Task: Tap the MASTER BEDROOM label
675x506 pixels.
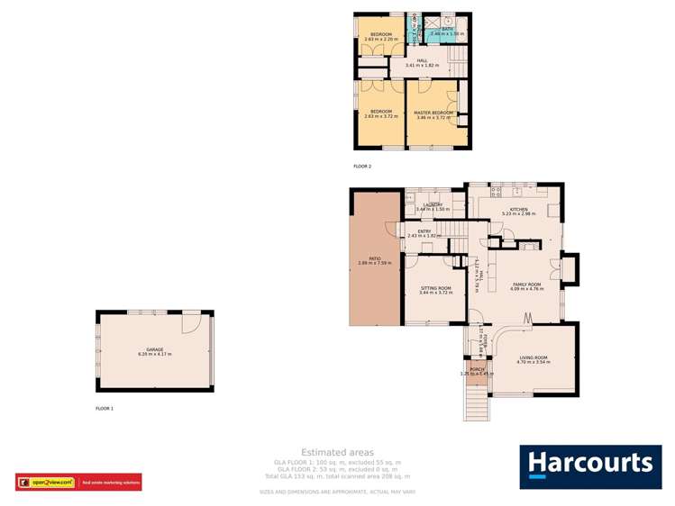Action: [x=433, y=113]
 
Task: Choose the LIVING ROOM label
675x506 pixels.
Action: [x=533, y=357]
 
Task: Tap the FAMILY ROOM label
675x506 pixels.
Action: [x=524, y=283]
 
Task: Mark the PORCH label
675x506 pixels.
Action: [x=477, y=369]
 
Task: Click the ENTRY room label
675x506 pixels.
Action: [x=424, y=231]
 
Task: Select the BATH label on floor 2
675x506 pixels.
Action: [x=447, y=29]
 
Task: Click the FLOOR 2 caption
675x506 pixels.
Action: [x=362, y=167]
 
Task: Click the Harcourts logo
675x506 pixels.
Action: [x=588, y=465]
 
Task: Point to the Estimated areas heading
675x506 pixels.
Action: [x=337, y=452]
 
